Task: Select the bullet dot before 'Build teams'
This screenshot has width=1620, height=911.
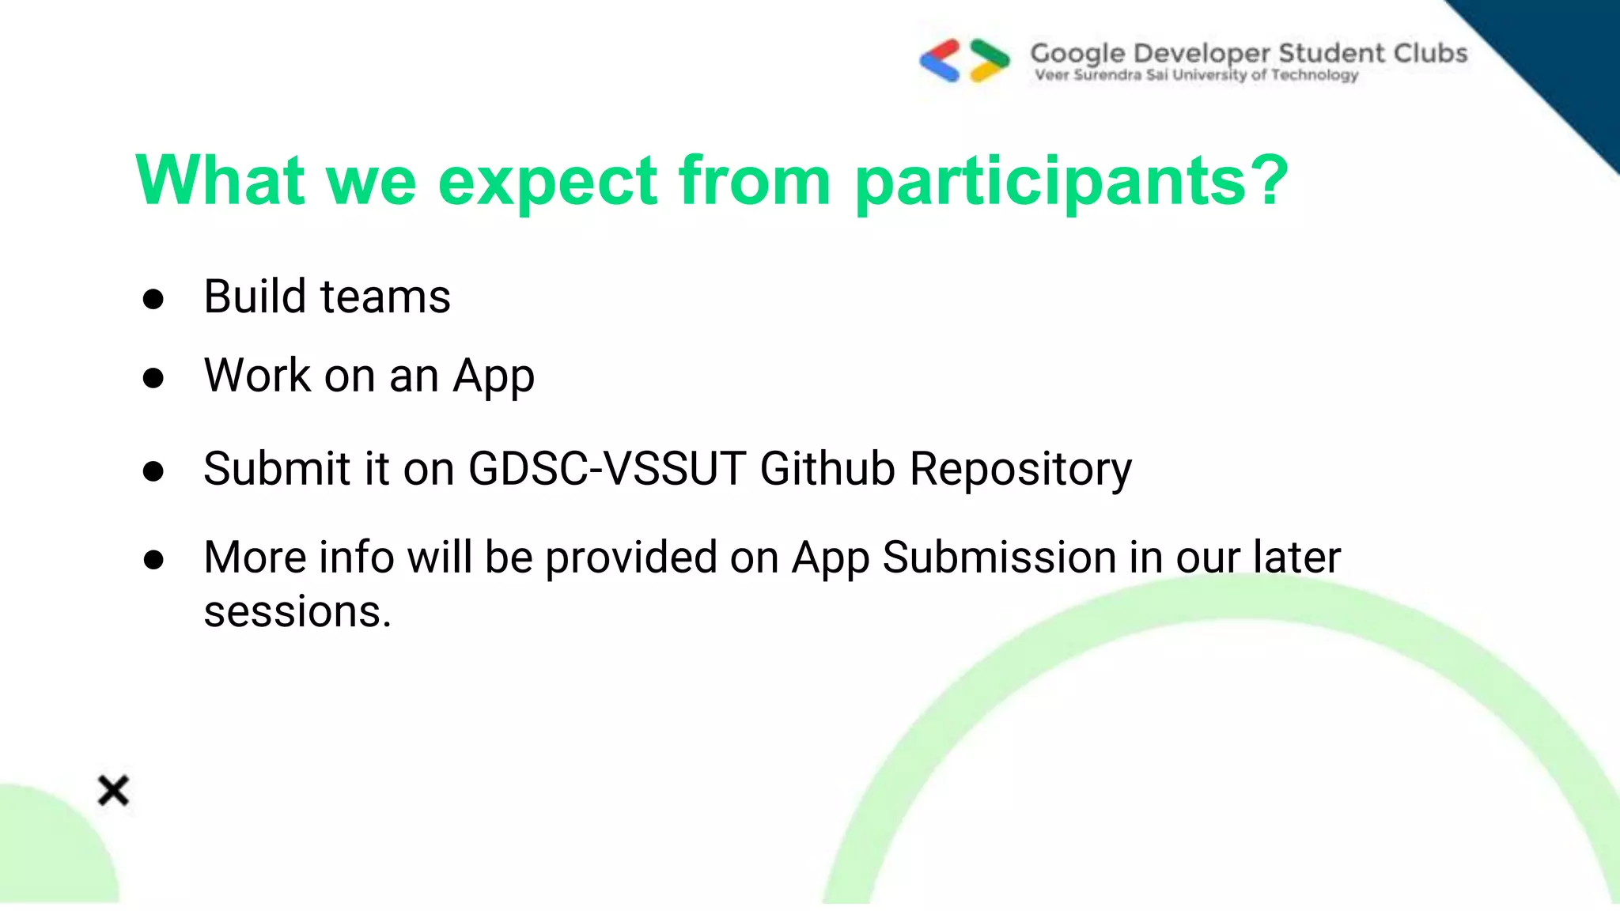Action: click(x=153, y=299)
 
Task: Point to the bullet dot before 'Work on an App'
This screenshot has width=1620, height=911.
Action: click(x=153, y=378)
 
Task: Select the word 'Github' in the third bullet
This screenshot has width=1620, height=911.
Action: click(x=827, y=468)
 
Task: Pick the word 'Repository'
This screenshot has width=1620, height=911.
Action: click(x=1020, y=470)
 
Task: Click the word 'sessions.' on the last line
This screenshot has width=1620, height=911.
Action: click(x=297, y=612)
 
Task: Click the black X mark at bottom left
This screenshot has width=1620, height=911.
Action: click(x=113, y=790)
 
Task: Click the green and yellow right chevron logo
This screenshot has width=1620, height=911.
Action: click(x=990, y=60)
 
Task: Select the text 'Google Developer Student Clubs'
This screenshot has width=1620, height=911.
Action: click(x=1248, y=53)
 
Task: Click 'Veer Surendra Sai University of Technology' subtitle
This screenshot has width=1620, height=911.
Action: click(x=1196, y=75)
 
